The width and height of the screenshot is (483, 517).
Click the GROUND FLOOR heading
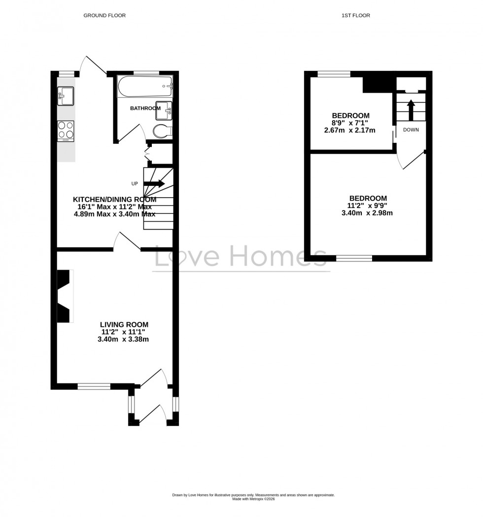coord(104,15)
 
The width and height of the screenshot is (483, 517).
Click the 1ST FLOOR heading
coord(355,15)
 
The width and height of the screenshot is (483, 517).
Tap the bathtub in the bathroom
coord(144,88)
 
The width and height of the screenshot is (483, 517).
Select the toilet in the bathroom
coord(160,132)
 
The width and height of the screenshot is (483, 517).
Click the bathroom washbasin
coord(164,112)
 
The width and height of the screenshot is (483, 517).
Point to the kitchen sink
coord(66,95)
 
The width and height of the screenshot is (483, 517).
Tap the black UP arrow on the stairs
coord(154,183)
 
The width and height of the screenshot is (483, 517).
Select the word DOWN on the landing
coord(411,130)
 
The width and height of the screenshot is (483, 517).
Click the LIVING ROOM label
coord(124,324)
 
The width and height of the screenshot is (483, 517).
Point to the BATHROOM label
coord(145,108)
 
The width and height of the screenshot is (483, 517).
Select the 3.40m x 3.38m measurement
coord(124,339)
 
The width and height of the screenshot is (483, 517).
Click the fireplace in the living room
coord(64,296)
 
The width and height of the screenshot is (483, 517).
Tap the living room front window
coord(94,386)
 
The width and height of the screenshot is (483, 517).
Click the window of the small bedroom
coord(334,74)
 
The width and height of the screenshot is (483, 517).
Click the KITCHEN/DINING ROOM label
coord(115,200)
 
